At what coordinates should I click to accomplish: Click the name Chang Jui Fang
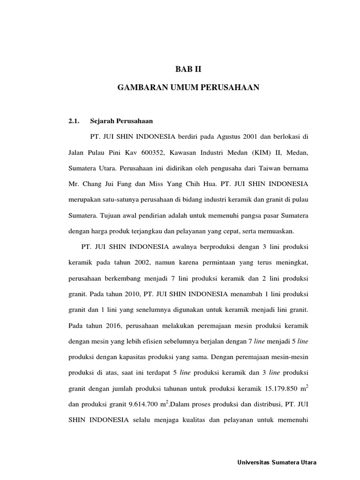(106, 183)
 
